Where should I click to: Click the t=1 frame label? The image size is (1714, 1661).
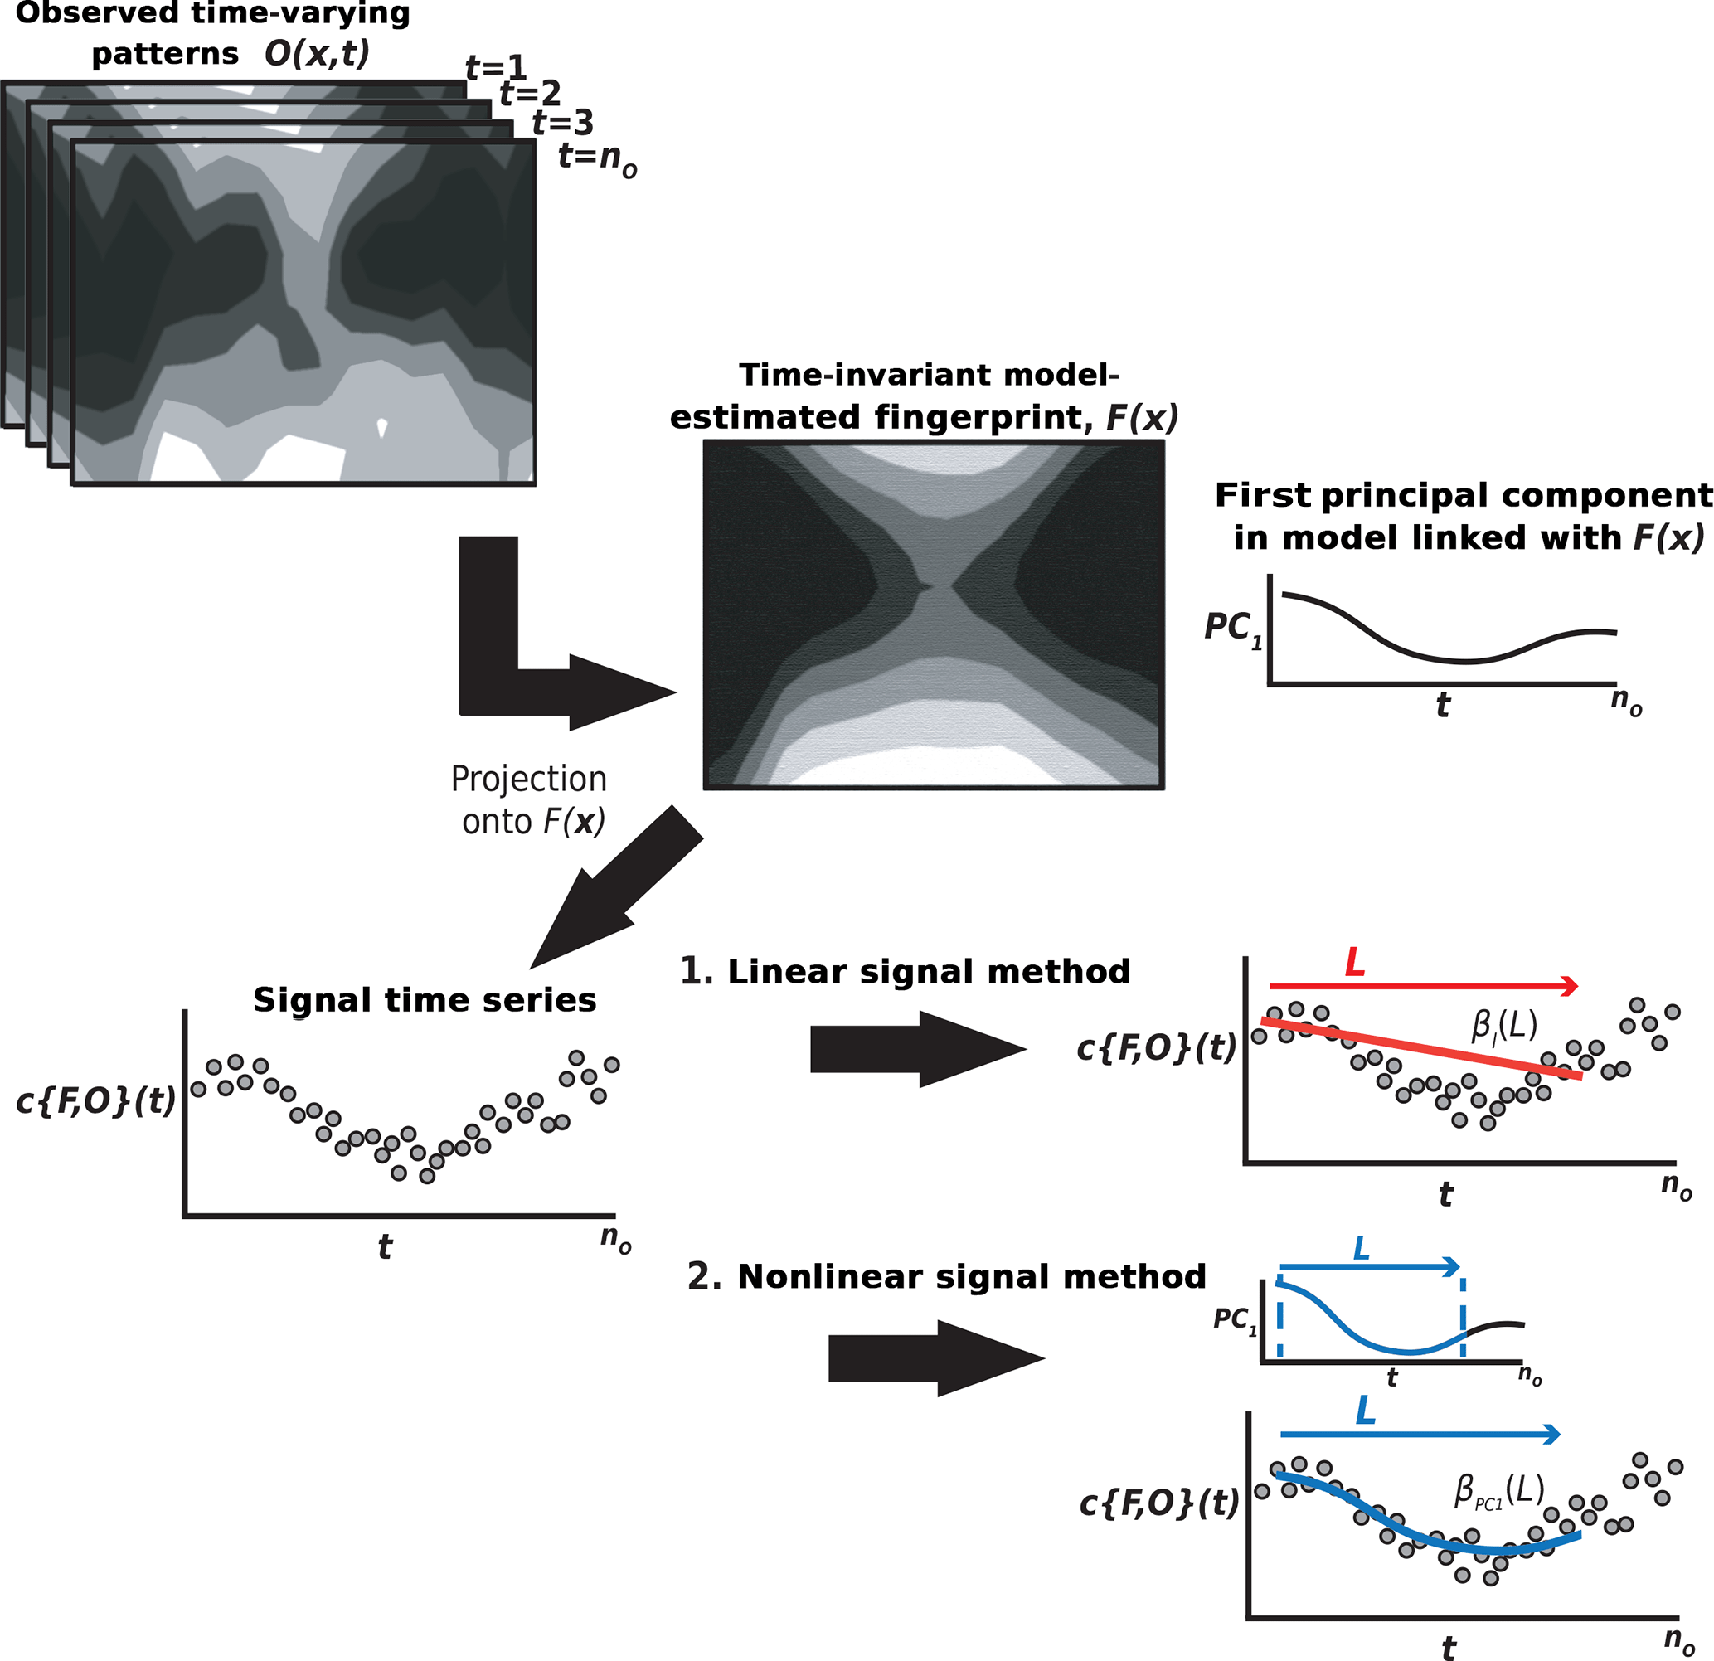click(496, 66)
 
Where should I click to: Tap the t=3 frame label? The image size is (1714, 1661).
click(563, 123)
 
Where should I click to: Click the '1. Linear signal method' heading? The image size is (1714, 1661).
click(906, 971)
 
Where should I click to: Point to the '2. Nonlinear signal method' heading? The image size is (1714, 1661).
click(946, 1276)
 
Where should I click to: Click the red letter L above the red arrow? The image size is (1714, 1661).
click(1355, 963)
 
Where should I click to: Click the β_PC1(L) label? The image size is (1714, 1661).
click(1499, 1491)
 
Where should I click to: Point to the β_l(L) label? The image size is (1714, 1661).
click(1504, 1025)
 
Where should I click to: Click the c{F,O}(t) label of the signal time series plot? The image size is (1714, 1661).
click(96, 1100)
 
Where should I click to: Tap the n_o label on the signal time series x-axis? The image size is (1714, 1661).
click(614, 1240)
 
